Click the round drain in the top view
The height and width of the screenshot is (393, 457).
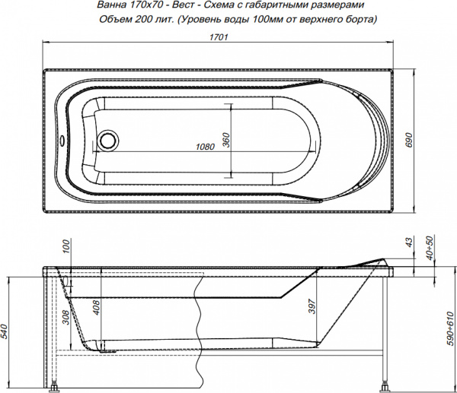point(110,141)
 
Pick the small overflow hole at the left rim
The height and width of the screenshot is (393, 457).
point(62,141)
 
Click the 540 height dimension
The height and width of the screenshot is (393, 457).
point(5,331)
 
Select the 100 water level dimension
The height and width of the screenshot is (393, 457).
point(66,249)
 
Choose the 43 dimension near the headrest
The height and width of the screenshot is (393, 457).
point(408,242)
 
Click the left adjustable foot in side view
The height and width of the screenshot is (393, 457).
point(56,386)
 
